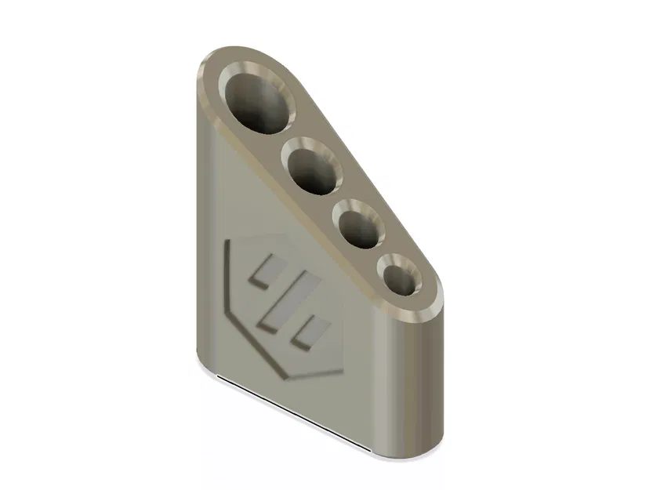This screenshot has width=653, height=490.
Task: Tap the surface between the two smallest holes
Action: tap(382, 251)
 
